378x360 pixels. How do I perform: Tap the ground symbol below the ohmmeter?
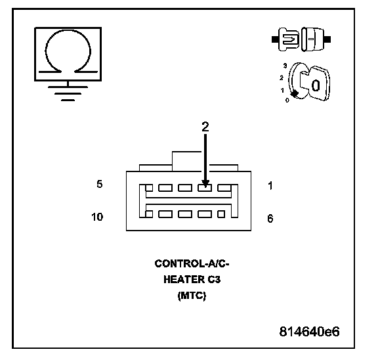[x=68, y=93]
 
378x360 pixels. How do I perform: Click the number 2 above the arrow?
[x=205, y=127]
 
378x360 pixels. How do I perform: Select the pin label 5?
[x=100, y=184]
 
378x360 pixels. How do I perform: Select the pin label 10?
[x=97, y=217]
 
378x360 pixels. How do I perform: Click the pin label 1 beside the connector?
[x=270, y=185]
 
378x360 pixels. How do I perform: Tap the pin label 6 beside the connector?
[x=270, y=218]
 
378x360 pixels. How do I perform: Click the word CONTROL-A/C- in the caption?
[x=192, y=263]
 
